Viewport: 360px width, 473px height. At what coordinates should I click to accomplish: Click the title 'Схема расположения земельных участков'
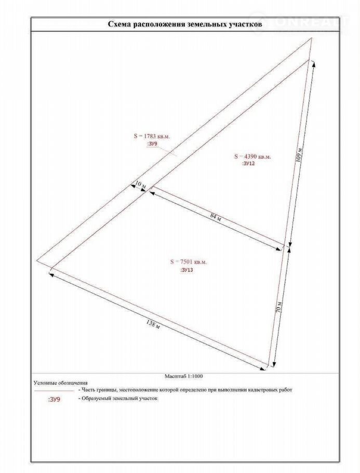tap(184, 24)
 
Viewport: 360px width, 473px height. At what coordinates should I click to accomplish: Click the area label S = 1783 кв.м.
tap(152, 136)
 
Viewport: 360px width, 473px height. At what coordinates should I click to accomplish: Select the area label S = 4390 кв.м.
tap(252, 156)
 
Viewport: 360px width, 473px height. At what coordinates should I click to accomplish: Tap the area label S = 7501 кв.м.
tap(188, 262)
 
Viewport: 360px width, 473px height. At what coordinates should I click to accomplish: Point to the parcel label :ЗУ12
tap(249, 163)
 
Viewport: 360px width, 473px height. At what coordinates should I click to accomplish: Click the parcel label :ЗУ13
tap(186, 270)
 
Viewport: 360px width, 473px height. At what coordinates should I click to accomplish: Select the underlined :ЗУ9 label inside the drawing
tap(152, 143)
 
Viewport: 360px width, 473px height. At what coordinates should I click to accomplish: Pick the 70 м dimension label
tap(279, 306)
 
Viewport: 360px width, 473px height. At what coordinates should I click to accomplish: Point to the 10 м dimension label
tap(140, 185)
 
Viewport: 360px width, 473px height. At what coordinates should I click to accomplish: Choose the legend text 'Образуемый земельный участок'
tap(119, 399)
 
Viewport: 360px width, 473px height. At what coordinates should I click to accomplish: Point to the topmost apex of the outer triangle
tap(312, 38)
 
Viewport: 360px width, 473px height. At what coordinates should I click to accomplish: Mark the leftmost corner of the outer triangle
tap(37, 260)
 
